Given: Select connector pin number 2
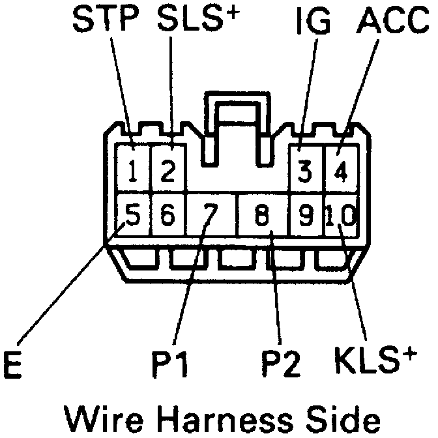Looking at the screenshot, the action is click(x=168, y=173).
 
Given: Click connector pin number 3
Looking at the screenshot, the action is click(x=304, y=173).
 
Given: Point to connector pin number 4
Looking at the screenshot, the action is click(x=340, y=173).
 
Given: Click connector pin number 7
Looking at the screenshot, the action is click(x=210, y=214).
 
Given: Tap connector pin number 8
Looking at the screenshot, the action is click(x=261, y=214).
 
